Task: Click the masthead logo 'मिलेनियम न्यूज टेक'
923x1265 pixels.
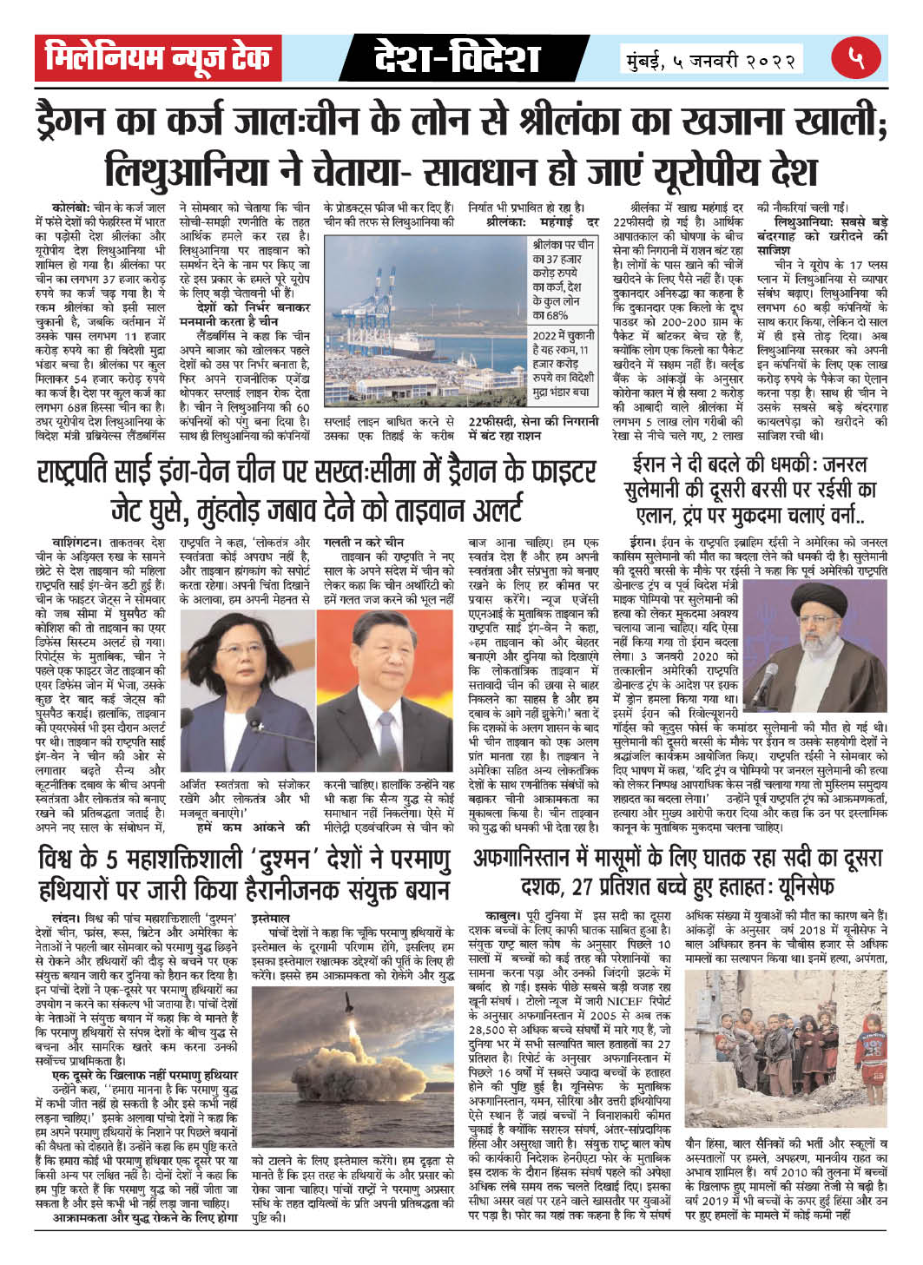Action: pos(158,59)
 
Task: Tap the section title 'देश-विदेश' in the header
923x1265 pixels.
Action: pos(457,59)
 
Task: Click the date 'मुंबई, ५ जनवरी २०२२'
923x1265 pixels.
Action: pos(711,62)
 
